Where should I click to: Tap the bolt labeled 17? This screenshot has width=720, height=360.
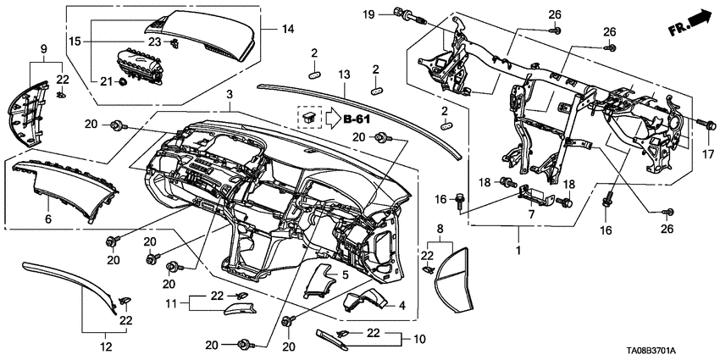701,125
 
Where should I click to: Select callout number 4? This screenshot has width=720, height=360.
402,305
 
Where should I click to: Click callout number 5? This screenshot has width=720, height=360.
345,275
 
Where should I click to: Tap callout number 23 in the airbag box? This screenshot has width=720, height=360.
155,42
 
